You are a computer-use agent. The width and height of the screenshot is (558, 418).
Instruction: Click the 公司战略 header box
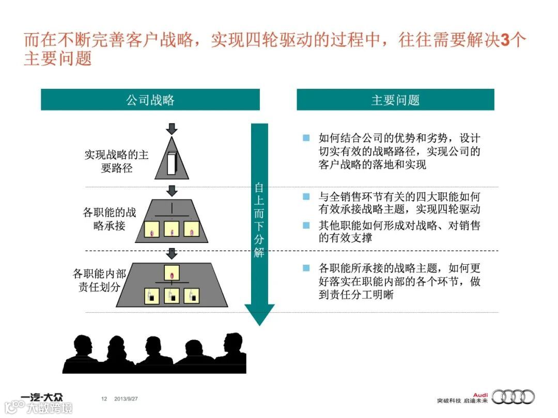[x=150, y=100]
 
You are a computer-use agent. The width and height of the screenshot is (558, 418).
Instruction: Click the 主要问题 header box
[x=395, y=100]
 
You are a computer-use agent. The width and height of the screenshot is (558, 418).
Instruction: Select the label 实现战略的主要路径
[x=116, y=162]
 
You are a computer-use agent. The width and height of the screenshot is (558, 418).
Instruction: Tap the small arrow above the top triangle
[x=173, y=128]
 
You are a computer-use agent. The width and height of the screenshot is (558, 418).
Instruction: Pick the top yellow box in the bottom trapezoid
[x=172, y=272]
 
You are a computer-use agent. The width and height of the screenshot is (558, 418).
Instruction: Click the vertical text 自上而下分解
[x=259, y=219]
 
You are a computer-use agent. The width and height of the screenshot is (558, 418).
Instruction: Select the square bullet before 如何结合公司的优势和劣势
[x=306, y=138]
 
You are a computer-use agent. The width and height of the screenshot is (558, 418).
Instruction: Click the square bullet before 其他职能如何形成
[x=306, y=225]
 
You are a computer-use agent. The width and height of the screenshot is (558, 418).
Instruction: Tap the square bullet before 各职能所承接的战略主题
[x=306, y=267]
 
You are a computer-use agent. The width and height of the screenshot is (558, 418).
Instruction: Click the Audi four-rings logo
[x=513, y=396]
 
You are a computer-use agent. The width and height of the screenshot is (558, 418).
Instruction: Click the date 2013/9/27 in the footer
[x=130, y=398]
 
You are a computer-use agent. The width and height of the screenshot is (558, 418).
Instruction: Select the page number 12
[x=104, y=398]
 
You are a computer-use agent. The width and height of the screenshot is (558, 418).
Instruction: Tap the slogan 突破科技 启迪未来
[x=461, y=400]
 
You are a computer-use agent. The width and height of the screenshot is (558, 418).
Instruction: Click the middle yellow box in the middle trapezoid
[x=172, y=229]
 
